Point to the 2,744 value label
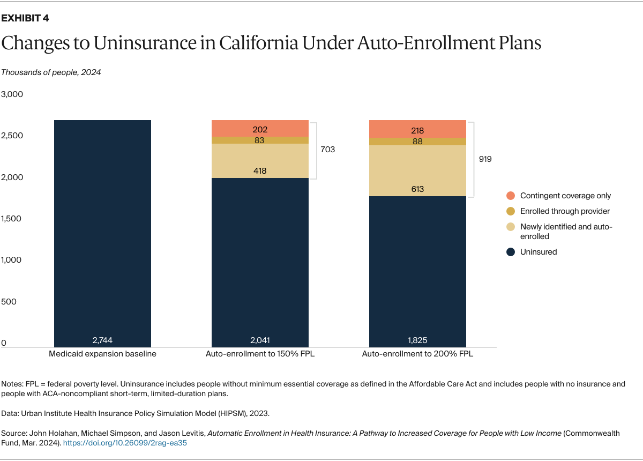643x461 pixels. click(x=102, y=340)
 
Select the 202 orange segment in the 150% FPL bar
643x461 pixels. click(x=260, y=129)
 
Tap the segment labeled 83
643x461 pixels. click(x=260, y=140)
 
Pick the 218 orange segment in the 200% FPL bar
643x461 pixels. click(x=417, y=129)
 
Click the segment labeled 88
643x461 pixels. click(x=417, y=142)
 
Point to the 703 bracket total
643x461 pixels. click(x=327, y=150)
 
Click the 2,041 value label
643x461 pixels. click(x=260, y=340)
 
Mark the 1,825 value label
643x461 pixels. click(x=417, y=340)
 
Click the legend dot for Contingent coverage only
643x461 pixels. click(x=510, y=196)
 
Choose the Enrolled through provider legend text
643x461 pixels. click(x=565, y=211)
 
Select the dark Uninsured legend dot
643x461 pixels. click(x=510, y=252)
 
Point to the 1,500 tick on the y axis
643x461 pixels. click(x=12, y=219)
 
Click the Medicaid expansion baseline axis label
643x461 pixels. click(x=102, y=354)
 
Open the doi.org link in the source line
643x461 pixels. click(x=125, y=443)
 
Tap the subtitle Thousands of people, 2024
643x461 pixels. click(x=51, y=72)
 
